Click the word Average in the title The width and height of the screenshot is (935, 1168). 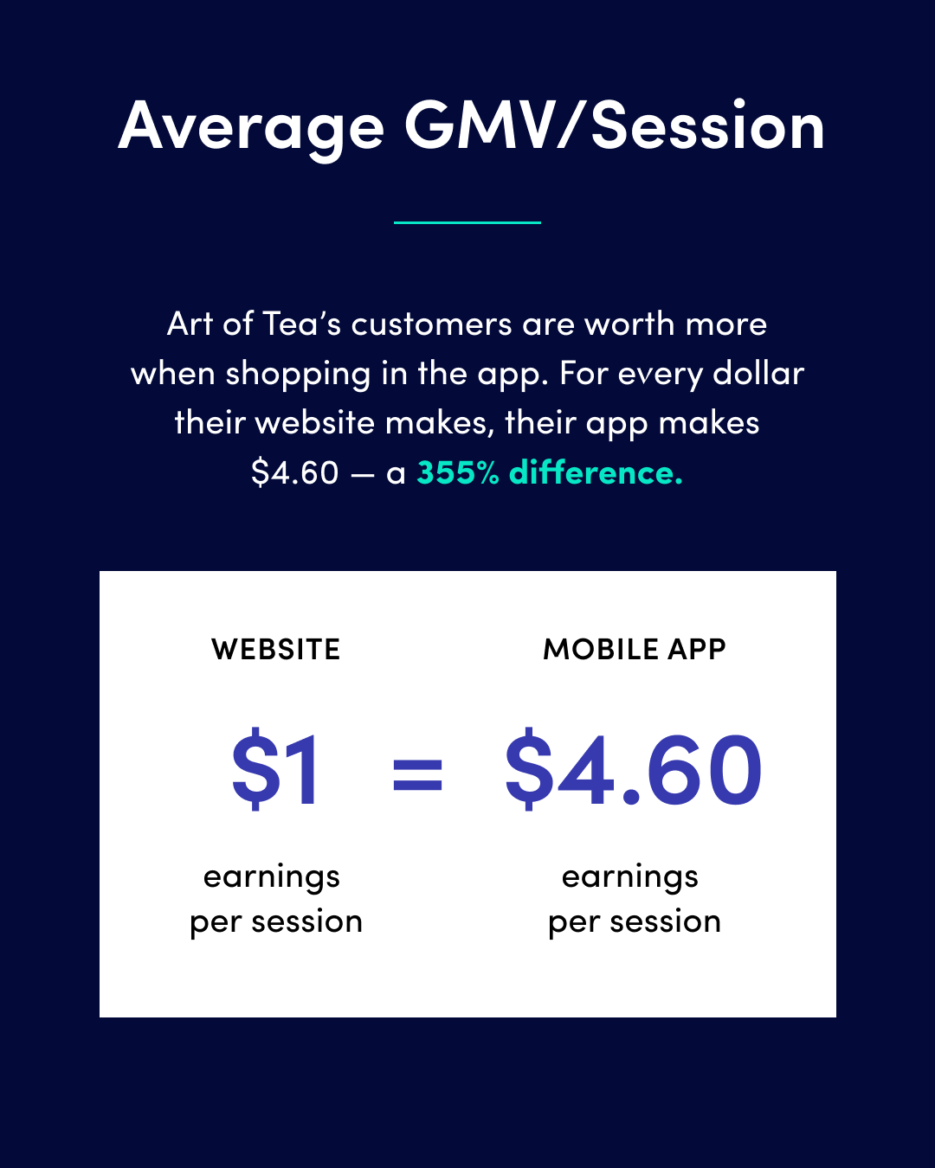click(251, 129)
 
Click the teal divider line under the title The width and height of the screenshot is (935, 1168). click(467, 222)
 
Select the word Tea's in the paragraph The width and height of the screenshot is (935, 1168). click(301, 324)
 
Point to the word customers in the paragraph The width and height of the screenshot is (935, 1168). click(431, 325)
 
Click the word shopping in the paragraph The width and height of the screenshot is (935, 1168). click(299, 375)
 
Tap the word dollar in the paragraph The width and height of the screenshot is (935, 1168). click(758, 374)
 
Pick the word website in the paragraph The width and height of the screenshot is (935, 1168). click(320, 423)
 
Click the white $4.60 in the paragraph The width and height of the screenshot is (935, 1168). click(295, 472)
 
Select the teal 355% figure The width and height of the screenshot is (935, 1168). click(457, 472)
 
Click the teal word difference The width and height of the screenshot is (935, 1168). click(596, 472)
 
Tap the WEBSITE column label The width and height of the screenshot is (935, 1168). click(276, 649)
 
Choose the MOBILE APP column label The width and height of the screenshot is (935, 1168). click(635, 649)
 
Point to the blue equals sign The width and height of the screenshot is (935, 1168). click(417, 774)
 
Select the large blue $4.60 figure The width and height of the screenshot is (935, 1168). click(633, 769)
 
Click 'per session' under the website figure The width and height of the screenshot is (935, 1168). click(276, 923)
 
